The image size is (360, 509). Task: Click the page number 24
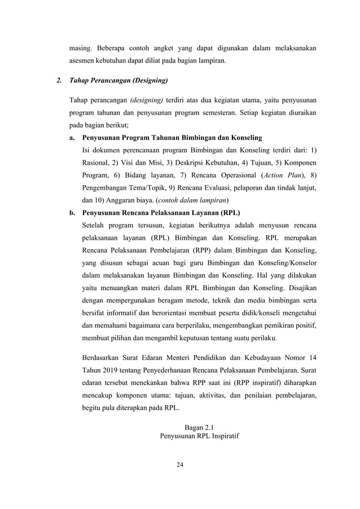click(180, 465)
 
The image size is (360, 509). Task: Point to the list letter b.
click(72, 213)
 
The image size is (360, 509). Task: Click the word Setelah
click(96, 225)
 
